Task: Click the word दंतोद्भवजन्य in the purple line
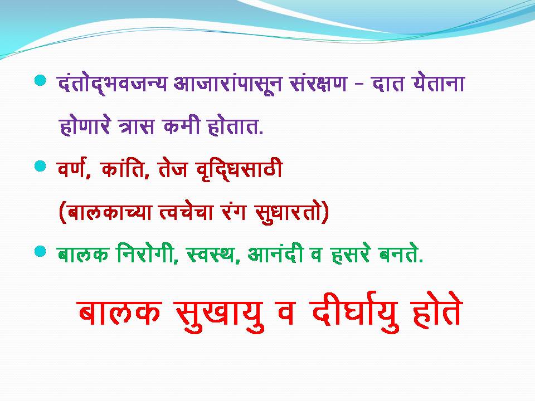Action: click(113, 84)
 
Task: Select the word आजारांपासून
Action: click(227, 84)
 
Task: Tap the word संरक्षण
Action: click(318, 83)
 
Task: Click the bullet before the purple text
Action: click(40, 80)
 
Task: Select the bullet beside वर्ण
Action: click(40, 167)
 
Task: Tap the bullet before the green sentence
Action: click(40, 252)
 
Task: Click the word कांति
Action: click(125, 168)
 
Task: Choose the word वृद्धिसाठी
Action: click(240, 169)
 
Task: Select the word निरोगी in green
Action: click(147, 254)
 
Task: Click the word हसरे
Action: click(351, 255)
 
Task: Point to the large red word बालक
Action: click(119, 311)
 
